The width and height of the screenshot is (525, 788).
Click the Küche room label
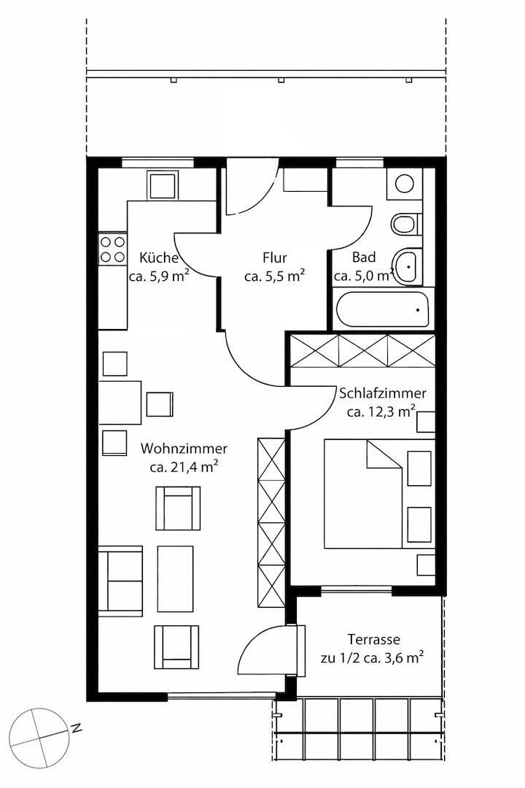coord(159,258)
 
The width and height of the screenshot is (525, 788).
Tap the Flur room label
coord(275,258)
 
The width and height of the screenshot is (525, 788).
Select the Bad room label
coord(364,258)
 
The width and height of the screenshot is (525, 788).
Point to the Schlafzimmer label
coord(383,393)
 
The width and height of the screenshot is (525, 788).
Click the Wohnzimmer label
coord(184,448)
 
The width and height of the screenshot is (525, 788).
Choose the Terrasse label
coord(374,640)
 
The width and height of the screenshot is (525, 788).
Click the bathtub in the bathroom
coord(383,309)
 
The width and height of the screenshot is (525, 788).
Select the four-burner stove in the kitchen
coord(112,249)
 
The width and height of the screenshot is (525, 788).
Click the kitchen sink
coord(163,185)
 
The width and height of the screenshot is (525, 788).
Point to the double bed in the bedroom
coord(379,494)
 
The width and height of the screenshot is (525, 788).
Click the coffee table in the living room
coord(175,579)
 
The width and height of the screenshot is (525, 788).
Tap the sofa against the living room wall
coord(120,581)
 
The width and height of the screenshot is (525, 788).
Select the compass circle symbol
coord(39,738)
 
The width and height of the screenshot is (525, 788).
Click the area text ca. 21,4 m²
coord(184,467)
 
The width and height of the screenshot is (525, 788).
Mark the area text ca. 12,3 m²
coord(381,412)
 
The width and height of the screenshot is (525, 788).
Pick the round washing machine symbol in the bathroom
coord(405,183)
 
